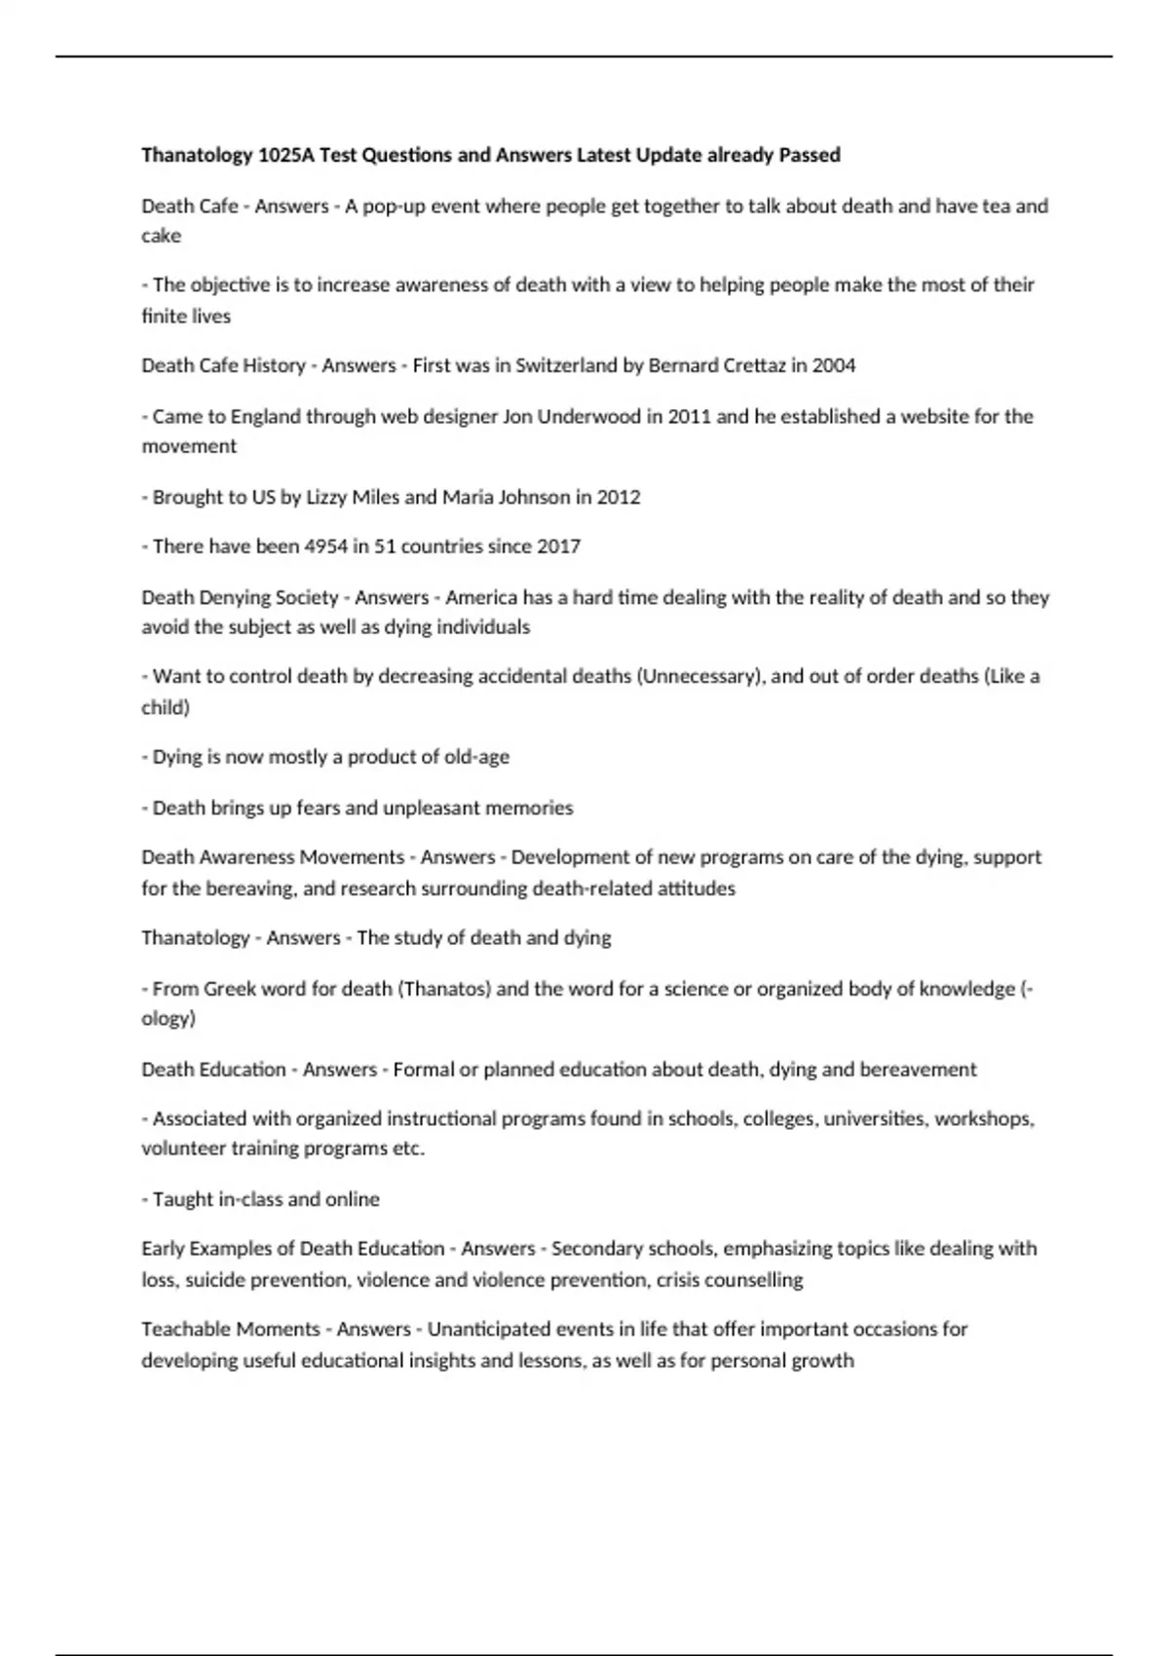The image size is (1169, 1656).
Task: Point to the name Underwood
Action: click(587, 417)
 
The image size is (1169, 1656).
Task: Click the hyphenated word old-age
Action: click(476, 757)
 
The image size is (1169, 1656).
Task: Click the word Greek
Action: click(229, 989)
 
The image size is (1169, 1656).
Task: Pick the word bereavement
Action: click(919, 1070)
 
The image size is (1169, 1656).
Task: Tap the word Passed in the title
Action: click(810, 155)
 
